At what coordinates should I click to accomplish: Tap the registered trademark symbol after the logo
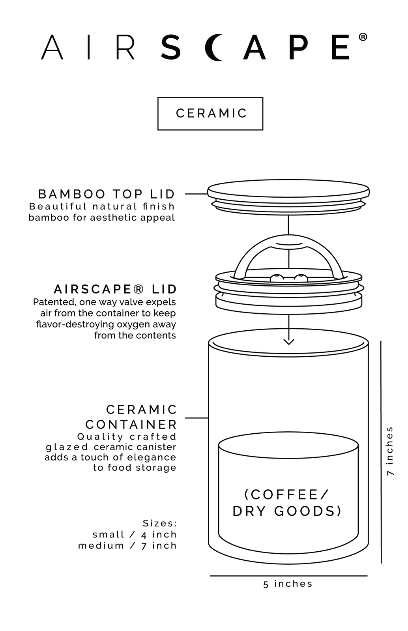tap(363, 37)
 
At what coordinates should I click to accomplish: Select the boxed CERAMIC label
tap(210, 114)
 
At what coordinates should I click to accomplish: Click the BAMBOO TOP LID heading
tap(107, 194)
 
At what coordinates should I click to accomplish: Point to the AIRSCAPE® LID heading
tap(115, 289)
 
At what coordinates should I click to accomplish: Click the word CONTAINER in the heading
tap(131, 425)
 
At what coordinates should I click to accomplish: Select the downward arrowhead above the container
tap(288, 342)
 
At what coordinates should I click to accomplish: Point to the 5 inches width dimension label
tap(288, 584)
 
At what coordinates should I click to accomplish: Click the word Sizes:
tap(160, 523)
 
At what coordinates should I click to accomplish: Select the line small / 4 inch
tap(135, 534)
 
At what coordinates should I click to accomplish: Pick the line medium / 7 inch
tap(127, 546)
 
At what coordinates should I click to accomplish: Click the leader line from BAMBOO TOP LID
tap(196, 194)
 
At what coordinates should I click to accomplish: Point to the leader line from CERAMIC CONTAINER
tap(197, 418)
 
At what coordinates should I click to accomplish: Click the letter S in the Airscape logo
tap(170, 47)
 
